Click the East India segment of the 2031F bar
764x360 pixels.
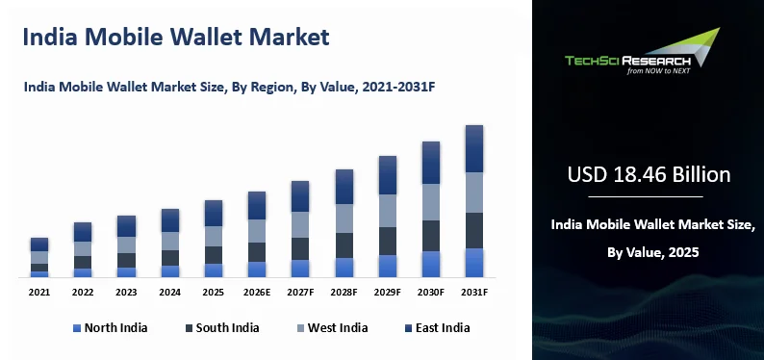pos(474,148)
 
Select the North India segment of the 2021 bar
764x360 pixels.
pos(39,274)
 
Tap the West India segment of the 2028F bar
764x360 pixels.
pos(344,219)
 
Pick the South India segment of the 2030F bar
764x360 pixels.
pos(431,236)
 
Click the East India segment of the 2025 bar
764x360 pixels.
pos(214,214)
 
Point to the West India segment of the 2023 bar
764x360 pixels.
pos(126,245)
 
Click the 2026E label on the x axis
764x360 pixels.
pos(257,293)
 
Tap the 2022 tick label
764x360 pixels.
pos(83,293)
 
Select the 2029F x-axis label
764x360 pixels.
pos(388,293)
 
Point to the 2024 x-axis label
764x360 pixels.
pos(170,293)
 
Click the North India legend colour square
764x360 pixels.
pos(77,328)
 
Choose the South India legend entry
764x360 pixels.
pos(222,328)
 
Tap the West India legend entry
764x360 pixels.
pos(332,328)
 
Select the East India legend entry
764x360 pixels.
pos(437,328)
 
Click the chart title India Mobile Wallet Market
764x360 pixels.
pos(176,37)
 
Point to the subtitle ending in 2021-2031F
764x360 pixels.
pos(229,88)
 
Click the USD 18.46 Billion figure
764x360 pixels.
pos(649,175)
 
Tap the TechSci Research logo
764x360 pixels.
pos(642,51)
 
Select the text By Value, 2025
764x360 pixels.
pos(653,252)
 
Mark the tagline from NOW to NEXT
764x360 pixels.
pos(658,70)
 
